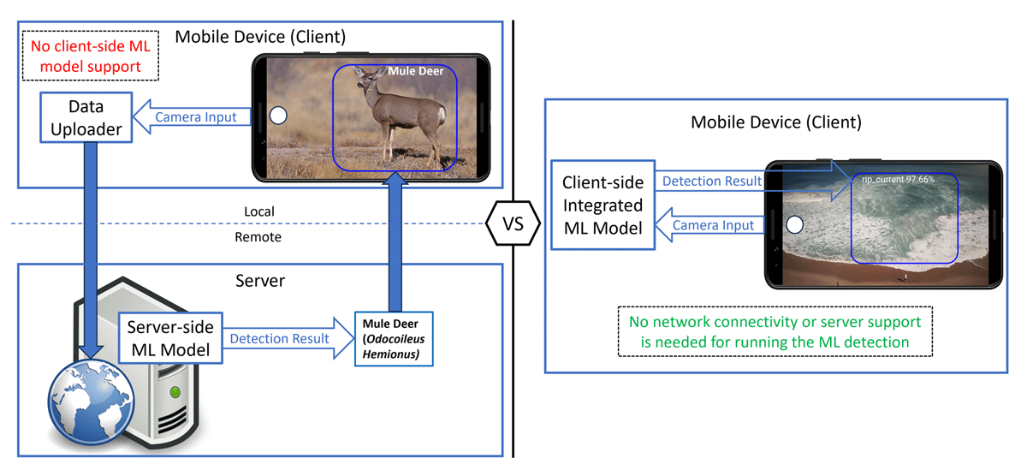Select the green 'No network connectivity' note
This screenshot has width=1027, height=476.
click(x=775, y=331)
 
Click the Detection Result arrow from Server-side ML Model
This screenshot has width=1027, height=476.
click(x=283, y=339)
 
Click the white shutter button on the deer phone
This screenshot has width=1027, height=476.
click(x=277, y=116)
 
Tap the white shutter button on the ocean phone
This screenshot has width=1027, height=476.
click(x=793, y=225)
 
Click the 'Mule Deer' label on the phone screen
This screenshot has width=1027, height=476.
click(x=416, y=72)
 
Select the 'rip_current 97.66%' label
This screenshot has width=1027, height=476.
click(x=898, y=181)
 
